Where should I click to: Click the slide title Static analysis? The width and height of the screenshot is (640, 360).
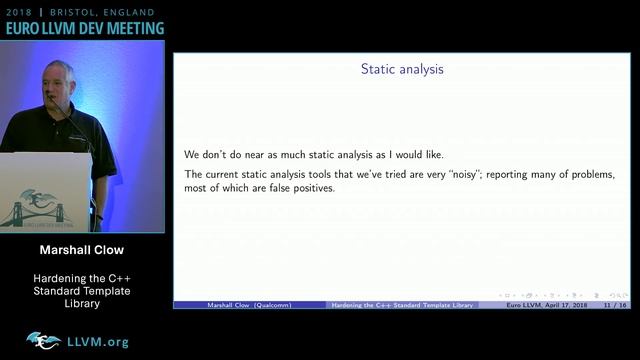[402, 70]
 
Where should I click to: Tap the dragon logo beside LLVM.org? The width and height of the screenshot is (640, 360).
[43, 341]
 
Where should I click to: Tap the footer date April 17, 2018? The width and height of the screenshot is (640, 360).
[566, 304]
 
